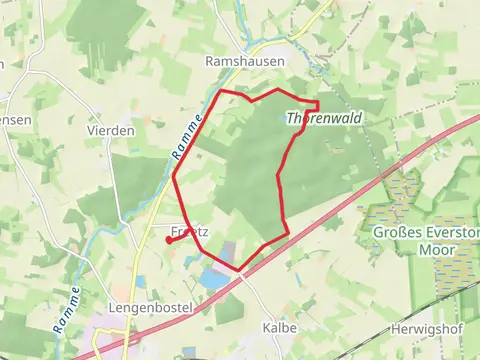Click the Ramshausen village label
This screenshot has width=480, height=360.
pos(244,61)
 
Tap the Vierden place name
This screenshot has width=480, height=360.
pos(110,130)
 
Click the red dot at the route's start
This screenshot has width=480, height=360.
pos(166,241)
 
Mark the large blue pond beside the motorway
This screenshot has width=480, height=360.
pos(213,279)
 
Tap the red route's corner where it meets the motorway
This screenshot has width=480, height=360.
pos(240,268)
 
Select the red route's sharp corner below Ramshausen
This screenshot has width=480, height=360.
pos(221,92)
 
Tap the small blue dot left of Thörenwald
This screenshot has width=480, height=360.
pos(283,116)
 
